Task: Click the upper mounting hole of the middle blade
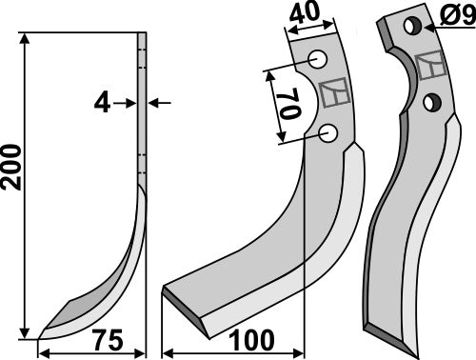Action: (x=317, y=62)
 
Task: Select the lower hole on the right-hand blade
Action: (x=431, y=102)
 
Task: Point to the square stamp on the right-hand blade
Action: (x=431, y=65)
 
